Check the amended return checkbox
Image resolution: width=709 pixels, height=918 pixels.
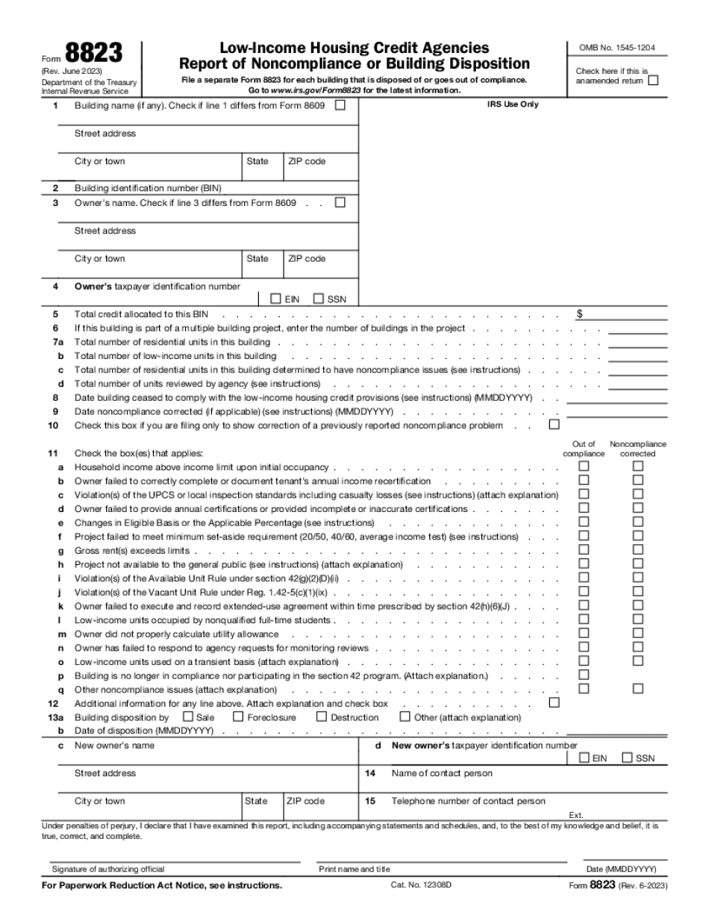pos(654,81)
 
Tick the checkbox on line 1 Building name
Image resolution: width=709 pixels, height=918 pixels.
pos(340,106)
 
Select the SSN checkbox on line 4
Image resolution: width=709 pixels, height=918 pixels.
pos(318,299)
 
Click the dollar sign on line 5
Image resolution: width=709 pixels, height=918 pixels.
pos(579,314)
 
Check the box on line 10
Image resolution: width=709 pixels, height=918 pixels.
pos(554,425)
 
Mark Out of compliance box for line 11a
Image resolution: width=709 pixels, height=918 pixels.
pos(584,466)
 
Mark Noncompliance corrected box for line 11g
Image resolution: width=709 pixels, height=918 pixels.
pos(637,550)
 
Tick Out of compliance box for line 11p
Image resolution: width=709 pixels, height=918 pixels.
pos(584,674)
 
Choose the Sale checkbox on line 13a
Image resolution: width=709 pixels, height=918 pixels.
pos(188,716)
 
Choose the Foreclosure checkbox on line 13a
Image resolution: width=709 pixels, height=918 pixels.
pos(239,716)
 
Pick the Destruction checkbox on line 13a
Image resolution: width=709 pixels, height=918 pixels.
pos(322,716)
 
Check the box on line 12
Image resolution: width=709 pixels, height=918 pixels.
pos(554,702)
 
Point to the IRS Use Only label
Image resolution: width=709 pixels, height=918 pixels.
pos(512,104)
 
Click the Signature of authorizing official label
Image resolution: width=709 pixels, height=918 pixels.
pos(108,869)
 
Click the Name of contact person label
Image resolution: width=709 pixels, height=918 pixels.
pos(442,773)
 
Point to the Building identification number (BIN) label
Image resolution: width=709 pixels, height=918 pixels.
pos(148,188)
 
